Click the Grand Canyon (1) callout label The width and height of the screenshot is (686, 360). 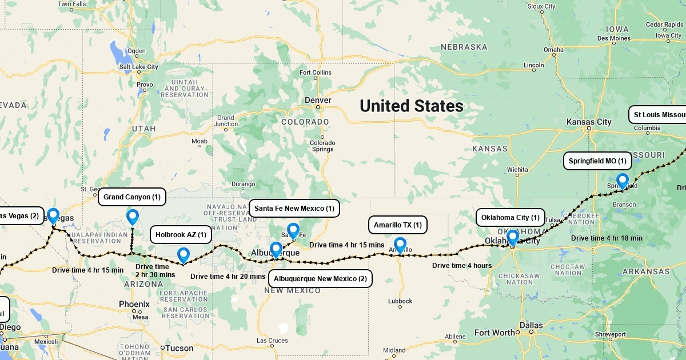[x=132, y=197]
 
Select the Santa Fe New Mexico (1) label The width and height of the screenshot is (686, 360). [x=294, y=209]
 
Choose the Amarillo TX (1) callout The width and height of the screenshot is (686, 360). [x=397, y=225]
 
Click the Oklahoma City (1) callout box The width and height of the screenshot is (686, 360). [x=510, y=218]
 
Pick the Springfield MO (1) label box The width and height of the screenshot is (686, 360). [x=597, y=161]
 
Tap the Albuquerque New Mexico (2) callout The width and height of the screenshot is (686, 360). [x=320, y=279]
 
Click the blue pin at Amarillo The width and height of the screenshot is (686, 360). [x=400, y=245]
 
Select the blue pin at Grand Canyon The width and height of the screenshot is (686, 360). [x=133, y=217]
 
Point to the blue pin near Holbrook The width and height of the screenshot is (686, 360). [x=183, y=255]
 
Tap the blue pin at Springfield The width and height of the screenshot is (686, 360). [x=622, y=181]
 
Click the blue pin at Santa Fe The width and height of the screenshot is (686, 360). [x=293, y=230]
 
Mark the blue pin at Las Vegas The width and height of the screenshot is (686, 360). [x=53, y=215]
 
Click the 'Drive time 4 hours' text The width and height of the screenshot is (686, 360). [x=461, y=265]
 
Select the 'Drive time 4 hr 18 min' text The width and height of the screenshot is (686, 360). [x=607, y=238]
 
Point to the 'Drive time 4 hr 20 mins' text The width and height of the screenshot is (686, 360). [x=228, y=277]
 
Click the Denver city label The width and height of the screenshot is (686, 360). [x=318, y=100]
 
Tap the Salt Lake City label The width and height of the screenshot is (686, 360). [x=138, y=67]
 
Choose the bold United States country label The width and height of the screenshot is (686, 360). [x=411, y=106]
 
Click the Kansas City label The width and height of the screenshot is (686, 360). [x=588, y=122]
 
